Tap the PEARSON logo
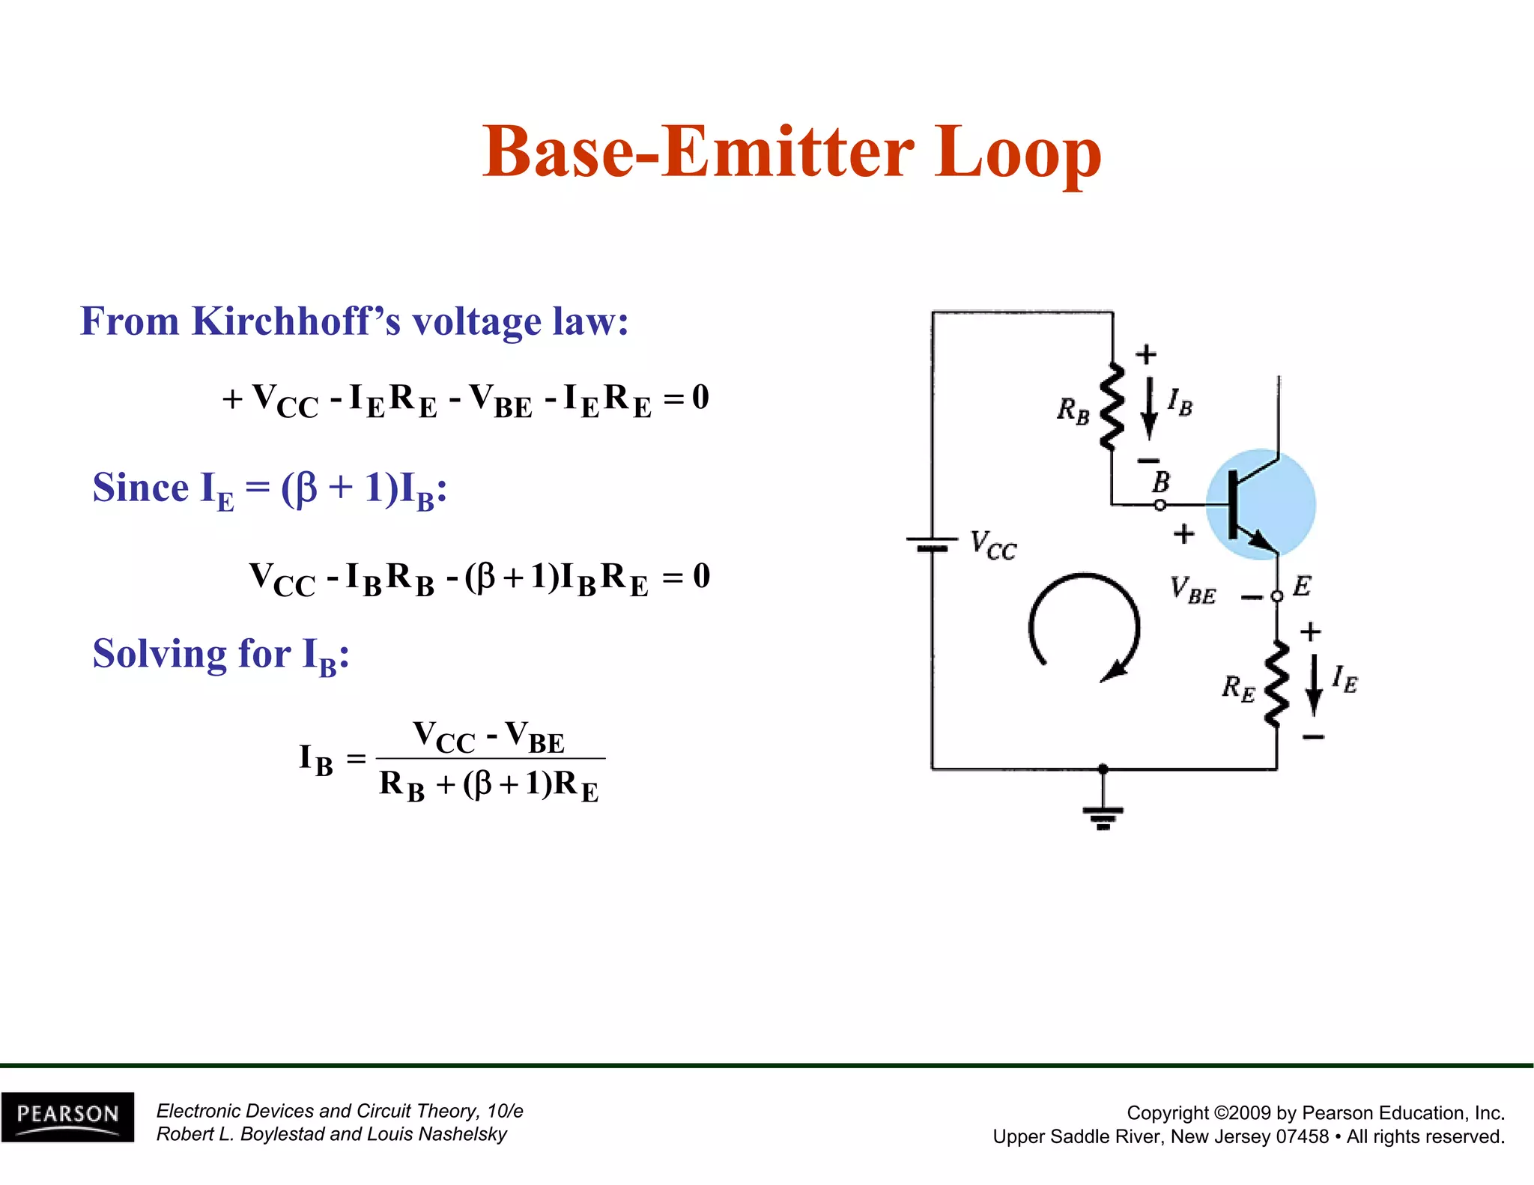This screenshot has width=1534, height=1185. click(x=67, y=1116)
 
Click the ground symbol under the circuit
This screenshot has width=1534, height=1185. click(x=1103, y=816)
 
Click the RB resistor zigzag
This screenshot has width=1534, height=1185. click(x=1112, y=406)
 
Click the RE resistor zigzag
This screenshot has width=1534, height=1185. click(x=1276, y=683)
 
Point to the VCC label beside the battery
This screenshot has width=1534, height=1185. click(x=993, y=545)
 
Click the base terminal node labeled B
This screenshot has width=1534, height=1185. click(x=1159, y=505)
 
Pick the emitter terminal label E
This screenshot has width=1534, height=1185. click(x=1302, y=586)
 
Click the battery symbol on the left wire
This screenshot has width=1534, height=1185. click(x=932, y=544)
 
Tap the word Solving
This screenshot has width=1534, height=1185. click(x=157, y=654)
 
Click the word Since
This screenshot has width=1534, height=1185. click(x=141, y=488)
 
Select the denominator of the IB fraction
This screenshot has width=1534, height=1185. click(x=489, y=785)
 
